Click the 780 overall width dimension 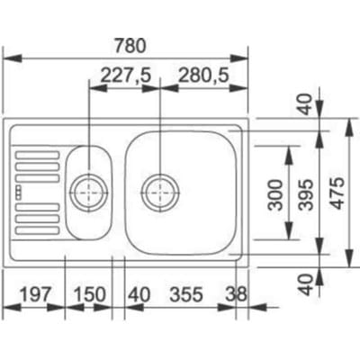tap(130, 46)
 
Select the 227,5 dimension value tap(125, 75)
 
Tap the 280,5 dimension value tap(203, 75)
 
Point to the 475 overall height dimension tap(337, 193)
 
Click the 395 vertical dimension tap(306, 194)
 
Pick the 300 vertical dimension tap(275, 194)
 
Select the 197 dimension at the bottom tap(34, 294)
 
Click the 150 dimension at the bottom tap(90, 294)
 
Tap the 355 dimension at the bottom tap(186, 294)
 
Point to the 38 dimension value tap(236, 294)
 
